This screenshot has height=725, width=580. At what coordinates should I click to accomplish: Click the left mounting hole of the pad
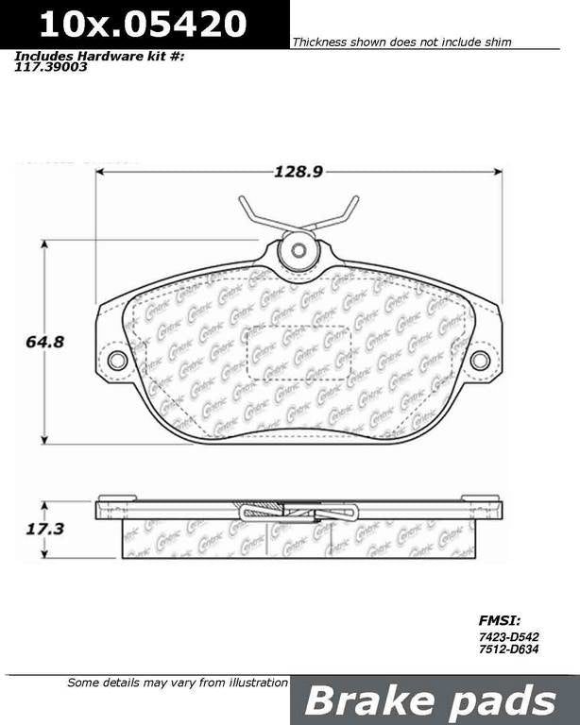[x=118, y=360]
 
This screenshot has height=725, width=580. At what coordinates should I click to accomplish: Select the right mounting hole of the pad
[x=480, y=360]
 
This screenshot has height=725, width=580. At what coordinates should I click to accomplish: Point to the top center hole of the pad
[x=299, y=251]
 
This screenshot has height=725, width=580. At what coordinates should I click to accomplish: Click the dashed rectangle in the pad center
[x=299, y=351]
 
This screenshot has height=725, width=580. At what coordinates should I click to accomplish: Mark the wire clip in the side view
[x=299, y=513]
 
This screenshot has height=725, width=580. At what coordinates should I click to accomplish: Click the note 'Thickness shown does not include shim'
[x=401, y=42]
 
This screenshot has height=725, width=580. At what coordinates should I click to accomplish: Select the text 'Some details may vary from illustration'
[x=177, y=683]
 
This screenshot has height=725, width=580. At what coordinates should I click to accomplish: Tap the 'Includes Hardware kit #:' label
[x=98, y=57]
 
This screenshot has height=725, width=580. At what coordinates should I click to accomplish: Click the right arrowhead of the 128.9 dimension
[x=498, y=172]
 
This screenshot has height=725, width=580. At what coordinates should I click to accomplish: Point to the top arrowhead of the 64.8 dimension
[x=43, y=244]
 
